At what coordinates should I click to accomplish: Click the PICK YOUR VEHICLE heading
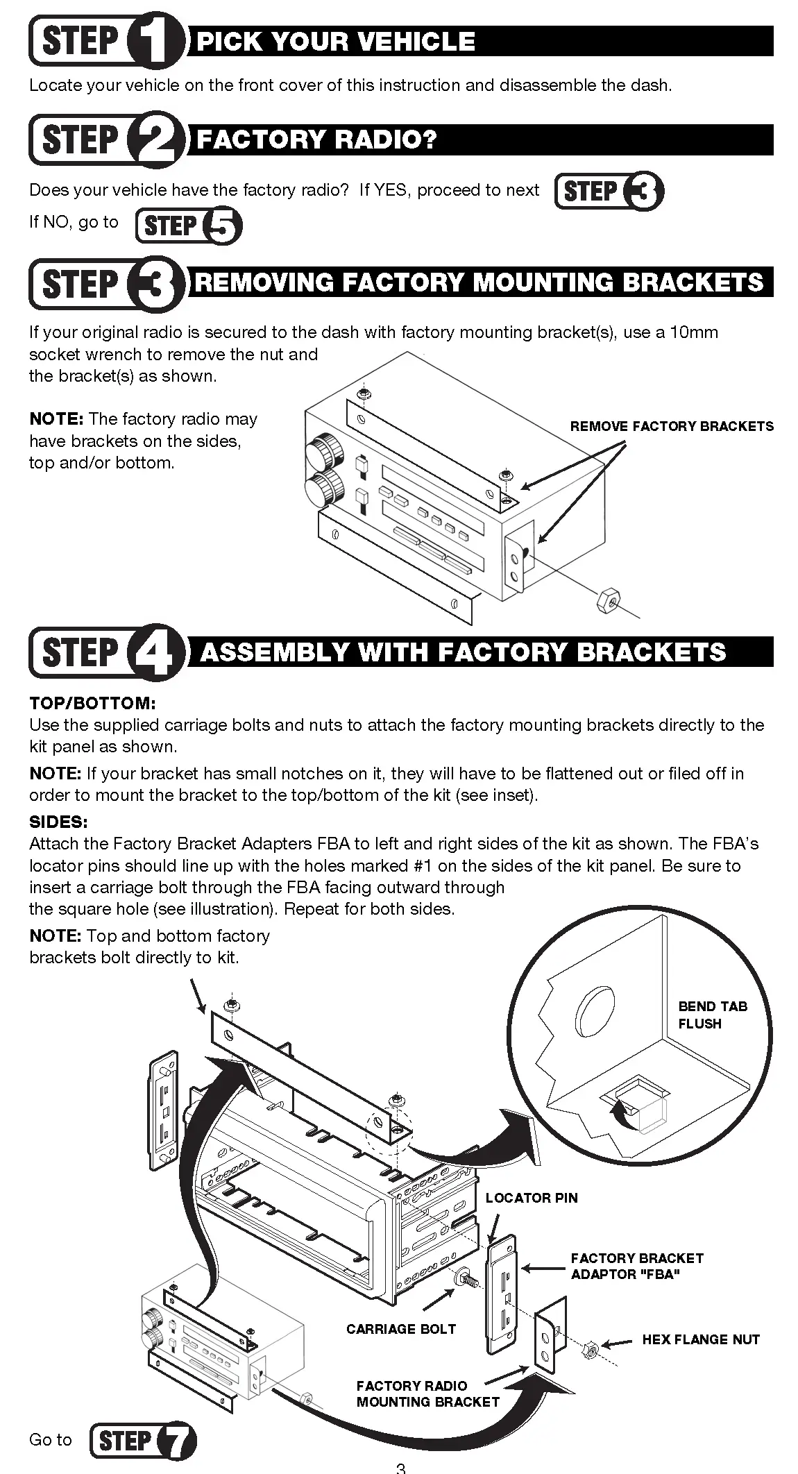pyautogui.click(x=336, y=42)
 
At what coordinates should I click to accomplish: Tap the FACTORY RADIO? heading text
pyautogui.click(x=316, y=139)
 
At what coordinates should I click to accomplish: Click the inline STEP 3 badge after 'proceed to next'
pyautogui.click(x=609, y=192)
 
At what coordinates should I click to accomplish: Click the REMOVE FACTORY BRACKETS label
pyautogui.click(x=671, y=426)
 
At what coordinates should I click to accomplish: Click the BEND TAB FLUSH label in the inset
pyautogui.click(x=713, y=1015)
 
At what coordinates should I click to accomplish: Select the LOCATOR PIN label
pyautogui.click(x=531, y=1198)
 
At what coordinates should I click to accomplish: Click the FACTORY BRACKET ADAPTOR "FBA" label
pyautogui.click(x=636, y=1266)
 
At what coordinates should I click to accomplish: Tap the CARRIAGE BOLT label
pyautogui.click(x=400, y=1329)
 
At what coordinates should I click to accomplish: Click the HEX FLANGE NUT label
pyautogui.click(x=700, y=1339)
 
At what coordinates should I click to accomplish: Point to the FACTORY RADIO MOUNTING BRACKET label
pyautogui.click(x=427, y=1393)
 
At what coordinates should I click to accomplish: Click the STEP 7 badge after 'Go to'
pyautogui.click(x=143, y=1441)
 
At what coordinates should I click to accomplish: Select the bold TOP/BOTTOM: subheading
pyautogui.click(x=92, y=703)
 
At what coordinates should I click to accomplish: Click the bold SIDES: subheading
pyautogui.click(x=58, y=822)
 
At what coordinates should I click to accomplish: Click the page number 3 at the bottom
pyautogui.click(x=400, y=1468)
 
